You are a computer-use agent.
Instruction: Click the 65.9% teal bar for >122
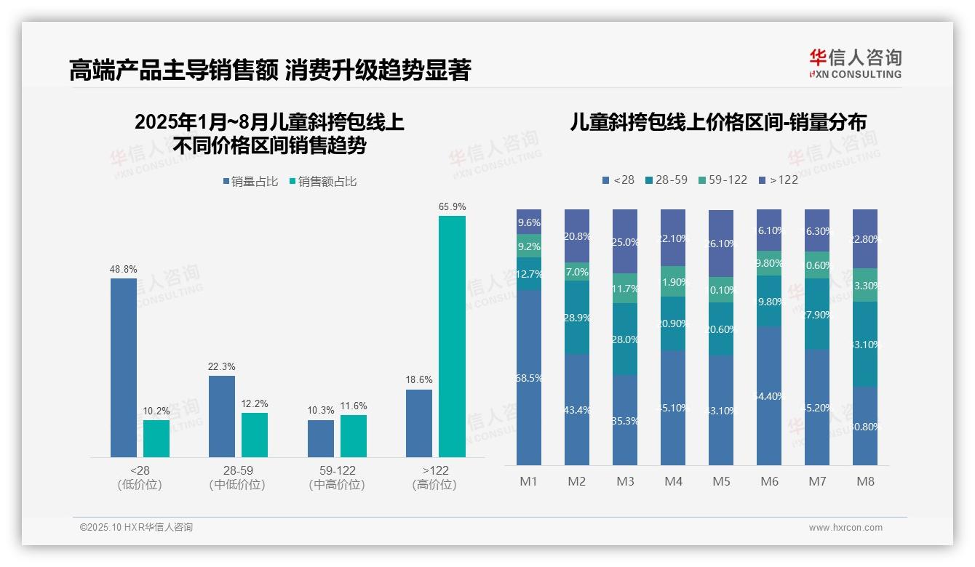coord(452,336)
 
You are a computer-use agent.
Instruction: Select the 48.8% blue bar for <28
coord(124,367)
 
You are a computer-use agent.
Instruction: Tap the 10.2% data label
coord(156,411)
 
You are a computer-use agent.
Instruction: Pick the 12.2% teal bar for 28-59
coord(255,435)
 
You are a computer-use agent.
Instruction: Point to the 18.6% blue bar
coord(419,423)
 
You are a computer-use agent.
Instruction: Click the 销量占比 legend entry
coord(250,182)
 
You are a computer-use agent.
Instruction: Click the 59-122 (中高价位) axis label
coord(337,478)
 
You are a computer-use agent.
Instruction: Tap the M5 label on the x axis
coord(721,481)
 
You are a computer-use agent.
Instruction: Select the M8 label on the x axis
coord(865,481)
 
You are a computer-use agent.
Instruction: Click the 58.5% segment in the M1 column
coord(529,377)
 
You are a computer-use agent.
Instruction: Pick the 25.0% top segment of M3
coord(625,241)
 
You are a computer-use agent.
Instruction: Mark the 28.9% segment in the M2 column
coord(577,318)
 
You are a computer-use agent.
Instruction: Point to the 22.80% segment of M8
coord(865,238)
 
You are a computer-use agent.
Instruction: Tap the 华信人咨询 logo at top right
coord(854,63)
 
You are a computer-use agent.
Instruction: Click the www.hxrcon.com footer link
coord(845,528)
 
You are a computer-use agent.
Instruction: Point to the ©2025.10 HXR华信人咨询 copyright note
coord(136,528)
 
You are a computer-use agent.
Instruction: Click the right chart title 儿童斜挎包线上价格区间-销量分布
coord(717,123)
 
